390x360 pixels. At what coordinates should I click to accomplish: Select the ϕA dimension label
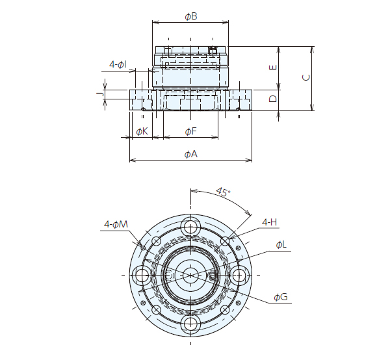(190, 154)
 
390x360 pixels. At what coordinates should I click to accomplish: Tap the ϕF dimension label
(190, 132)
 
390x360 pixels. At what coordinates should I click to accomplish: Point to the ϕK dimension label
(142, 132)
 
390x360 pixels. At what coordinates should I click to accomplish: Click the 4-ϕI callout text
(118, 64)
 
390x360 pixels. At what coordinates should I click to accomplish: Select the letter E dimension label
(274, 68)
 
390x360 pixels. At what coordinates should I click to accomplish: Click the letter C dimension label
(306, 78)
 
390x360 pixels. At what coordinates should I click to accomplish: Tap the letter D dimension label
(274, 99)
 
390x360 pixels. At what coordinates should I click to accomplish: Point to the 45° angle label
(222, 194)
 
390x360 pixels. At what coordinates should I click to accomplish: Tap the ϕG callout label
(281, 297)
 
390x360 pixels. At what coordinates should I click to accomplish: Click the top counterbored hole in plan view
(190, 227)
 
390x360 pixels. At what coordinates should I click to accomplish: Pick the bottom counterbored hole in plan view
(190, 323)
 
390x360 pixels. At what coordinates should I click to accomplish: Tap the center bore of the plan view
(190, 275)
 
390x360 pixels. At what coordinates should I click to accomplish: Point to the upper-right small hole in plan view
(225, 241)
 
